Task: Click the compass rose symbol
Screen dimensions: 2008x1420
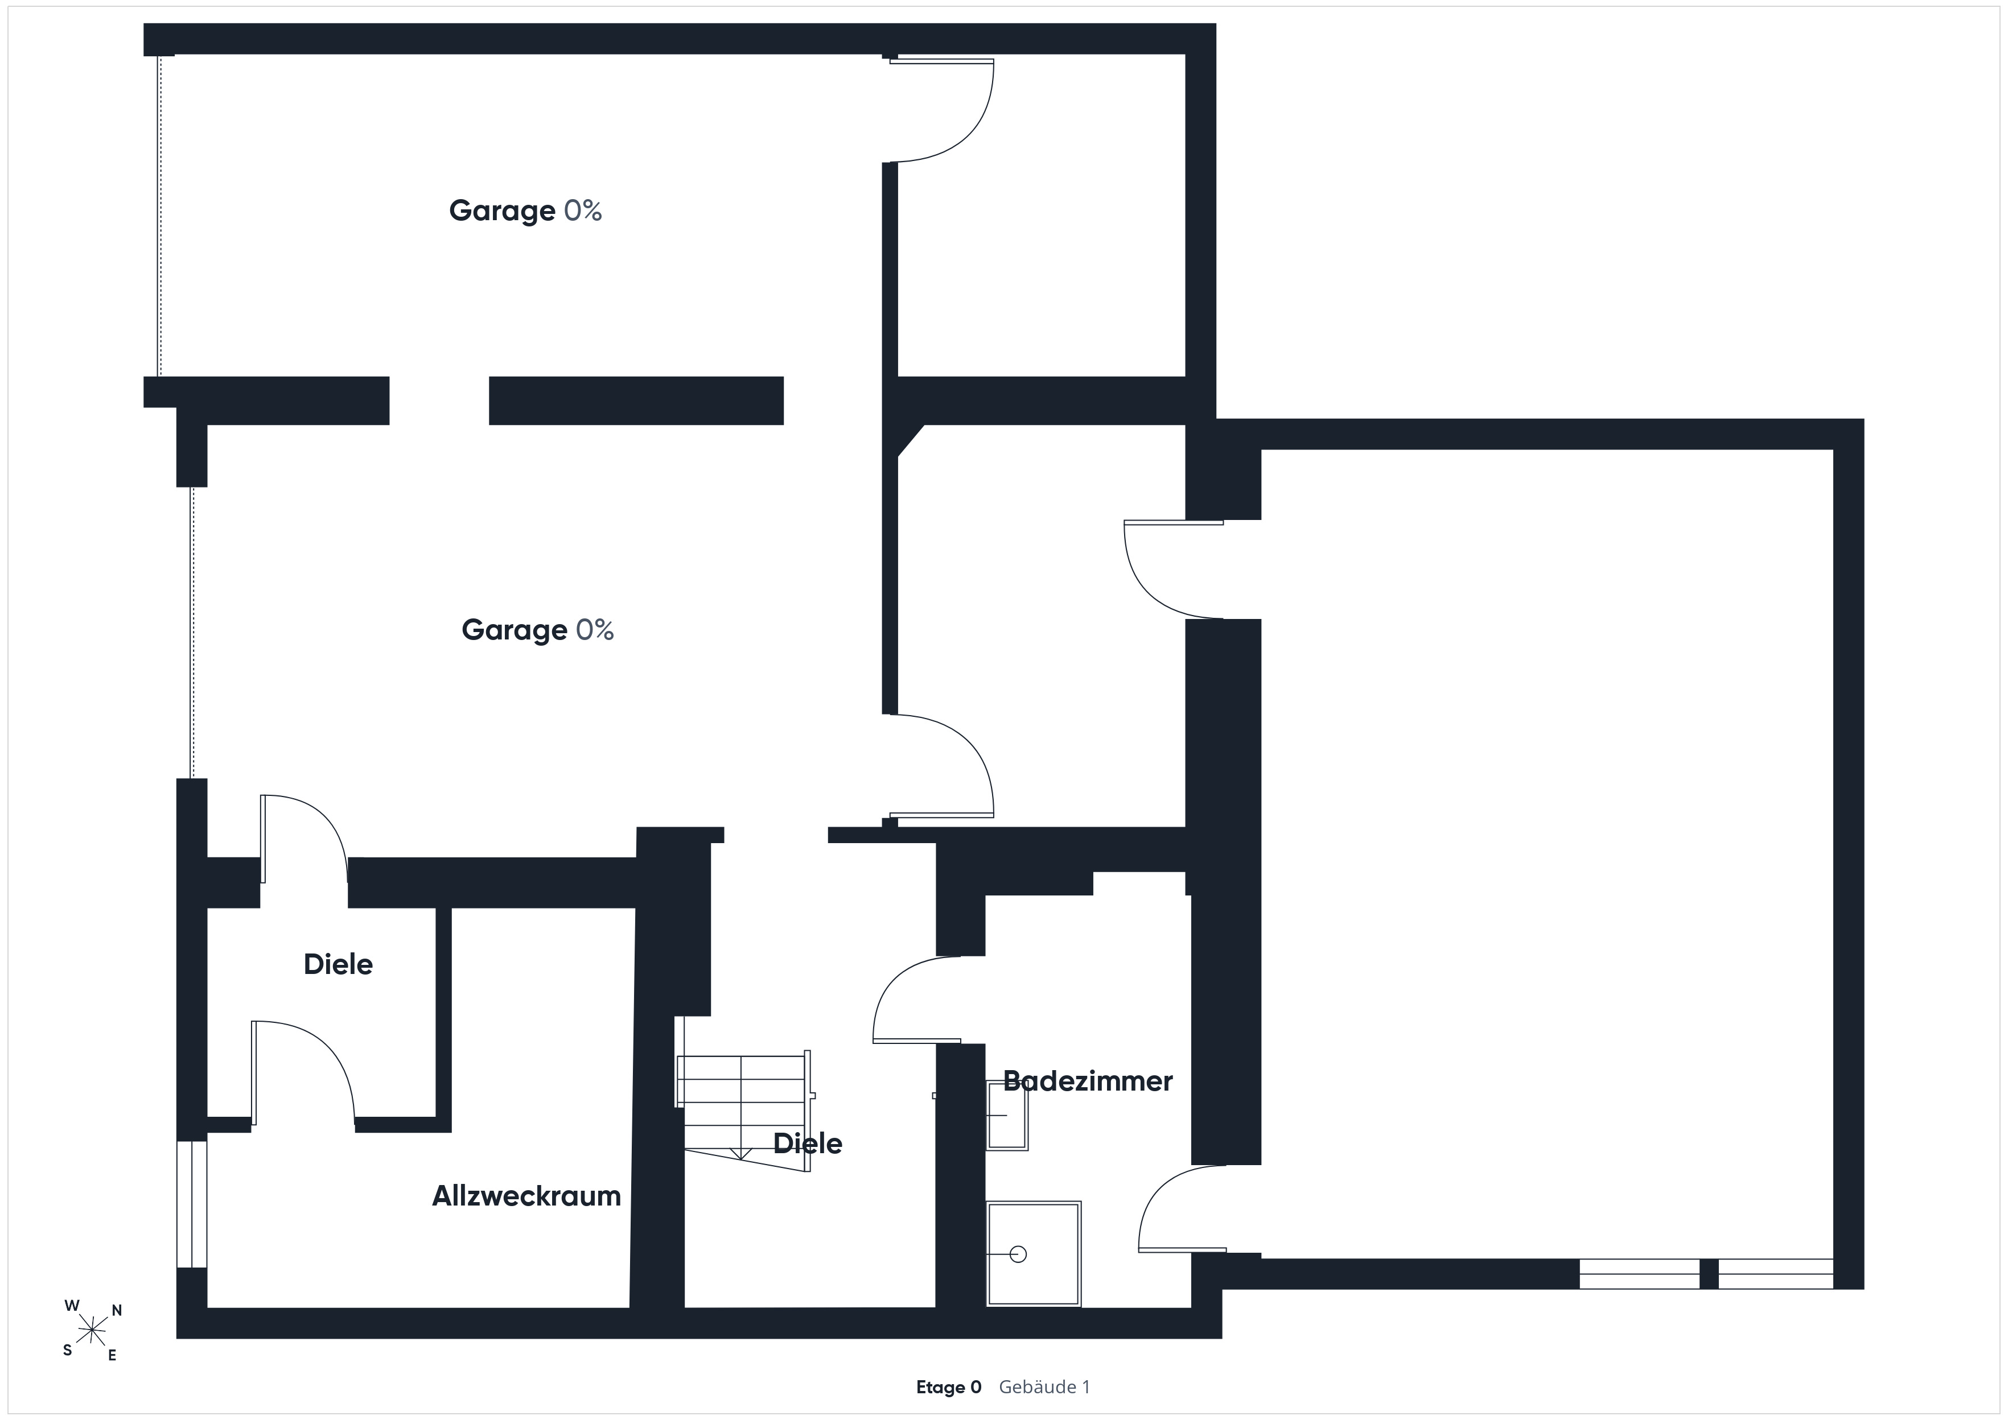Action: point(92,1331)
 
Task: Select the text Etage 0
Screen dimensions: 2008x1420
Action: point(949,1387)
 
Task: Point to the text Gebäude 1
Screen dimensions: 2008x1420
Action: point(1044,1387)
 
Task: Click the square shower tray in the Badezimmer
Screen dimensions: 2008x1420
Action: point(1034,1254)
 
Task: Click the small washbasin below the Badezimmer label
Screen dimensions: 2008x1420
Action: point(1007,1116)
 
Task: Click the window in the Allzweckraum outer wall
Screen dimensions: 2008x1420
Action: point(192,1204)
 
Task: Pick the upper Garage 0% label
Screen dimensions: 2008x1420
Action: point(525,210)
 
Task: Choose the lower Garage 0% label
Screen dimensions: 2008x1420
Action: point(538,630)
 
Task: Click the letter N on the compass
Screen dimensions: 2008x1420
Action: point(117,1311)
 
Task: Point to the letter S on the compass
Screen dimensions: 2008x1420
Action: point(67,1350)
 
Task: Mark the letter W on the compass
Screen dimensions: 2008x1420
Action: point(72,1306)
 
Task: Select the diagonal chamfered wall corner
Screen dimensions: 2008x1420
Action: point(911,441)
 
